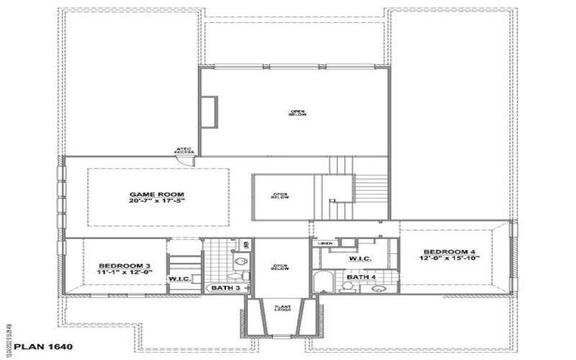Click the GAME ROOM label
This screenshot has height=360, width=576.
coord(157,194)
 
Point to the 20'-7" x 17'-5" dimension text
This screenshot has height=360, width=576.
coord(157,202)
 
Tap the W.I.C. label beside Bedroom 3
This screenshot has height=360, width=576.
coord(179,279)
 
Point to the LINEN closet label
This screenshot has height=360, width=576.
coord(324,244)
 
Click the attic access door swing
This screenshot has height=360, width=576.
coord(186,161)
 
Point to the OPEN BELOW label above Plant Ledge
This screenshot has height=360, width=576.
coord(280,268)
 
